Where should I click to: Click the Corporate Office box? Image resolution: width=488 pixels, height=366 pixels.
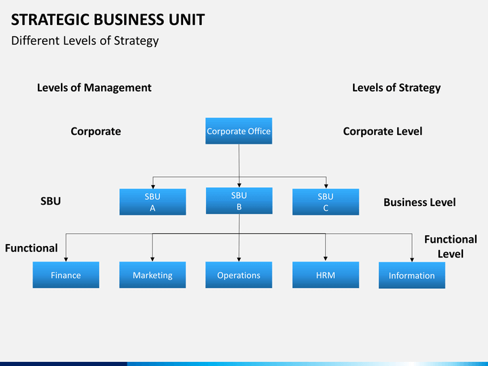pos(239,131)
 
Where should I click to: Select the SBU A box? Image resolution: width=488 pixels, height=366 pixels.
pos(152,202)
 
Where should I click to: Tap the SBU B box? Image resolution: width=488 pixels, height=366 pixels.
pos(239,201)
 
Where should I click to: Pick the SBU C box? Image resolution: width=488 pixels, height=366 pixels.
pos(325,202)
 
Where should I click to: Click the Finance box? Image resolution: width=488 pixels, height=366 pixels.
pos(66,274)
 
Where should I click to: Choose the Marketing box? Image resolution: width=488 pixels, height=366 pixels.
pos(152,274)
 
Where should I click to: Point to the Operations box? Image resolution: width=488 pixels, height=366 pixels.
pos(239,274)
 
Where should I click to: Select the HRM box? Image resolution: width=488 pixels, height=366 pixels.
pos(325,274)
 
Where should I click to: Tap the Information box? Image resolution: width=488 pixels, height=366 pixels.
pos(412,275)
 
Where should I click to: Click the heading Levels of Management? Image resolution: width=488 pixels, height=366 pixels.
pos(94,87)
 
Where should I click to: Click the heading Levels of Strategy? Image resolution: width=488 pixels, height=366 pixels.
pos(396,88)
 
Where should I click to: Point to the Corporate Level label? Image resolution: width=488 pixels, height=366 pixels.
pos(383,131)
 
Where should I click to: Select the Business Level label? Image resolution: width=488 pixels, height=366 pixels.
pos(420,202)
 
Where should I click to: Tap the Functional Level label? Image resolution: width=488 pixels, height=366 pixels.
pos(451,247)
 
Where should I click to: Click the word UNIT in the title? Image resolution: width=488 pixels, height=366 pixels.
pos(187,20)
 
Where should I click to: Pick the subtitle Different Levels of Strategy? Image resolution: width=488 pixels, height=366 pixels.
pos(85,41)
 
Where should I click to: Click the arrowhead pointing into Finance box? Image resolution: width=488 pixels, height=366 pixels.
pos(66,260)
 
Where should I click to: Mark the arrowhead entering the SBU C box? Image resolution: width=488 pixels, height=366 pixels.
pos(326,186)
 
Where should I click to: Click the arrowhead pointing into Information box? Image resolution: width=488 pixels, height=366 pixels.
pos(412,260)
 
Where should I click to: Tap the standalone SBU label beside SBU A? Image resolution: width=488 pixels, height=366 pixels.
pos(50,201)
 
